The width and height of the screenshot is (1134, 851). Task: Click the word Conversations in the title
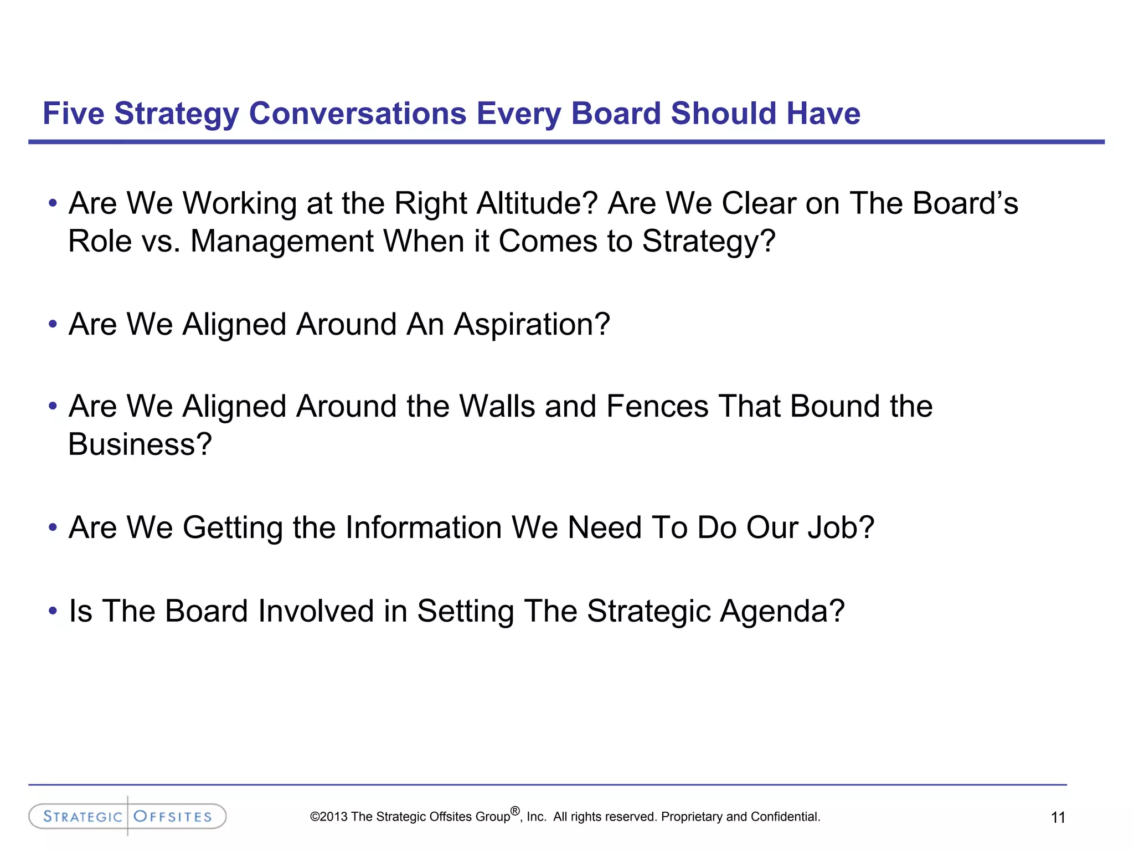click(357, 114)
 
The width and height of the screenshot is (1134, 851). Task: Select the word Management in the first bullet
click(282, 242)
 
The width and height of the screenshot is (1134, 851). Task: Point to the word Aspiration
click(532, 325)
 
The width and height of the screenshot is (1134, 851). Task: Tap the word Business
click(140, 444)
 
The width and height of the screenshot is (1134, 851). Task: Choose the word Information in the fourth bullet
click(424, 527)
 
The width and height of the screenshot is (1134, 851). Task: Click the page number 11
click(1058, 817)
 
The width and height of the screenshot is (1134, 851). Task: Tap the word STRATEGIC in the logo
click(83, 817)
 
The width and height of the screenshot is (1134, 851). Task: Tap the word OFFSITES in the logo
click(173, 817)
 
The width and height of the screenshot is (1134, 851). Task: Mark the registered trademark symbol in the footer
click(515, 811)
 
